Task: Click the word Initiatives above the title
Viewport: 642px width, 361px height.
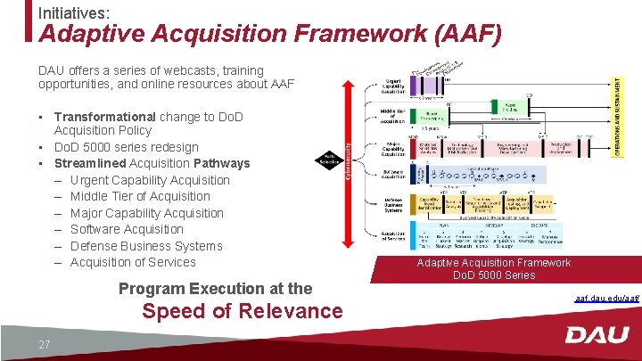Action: [x=73, y=12]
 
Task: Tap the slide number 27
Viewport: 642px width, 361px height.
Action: [x=44, y=345]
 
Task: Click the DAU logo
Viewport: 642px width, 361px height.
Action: [x=597, y=336]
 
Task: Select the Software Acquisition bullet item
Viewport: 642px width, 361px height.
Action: [x=127, y=229]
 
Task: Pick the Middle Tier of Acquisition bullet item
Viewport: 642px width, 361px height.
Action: [x=140, y=196]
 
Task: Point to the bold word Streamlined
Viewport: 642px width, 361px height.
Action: [x=90, y=163]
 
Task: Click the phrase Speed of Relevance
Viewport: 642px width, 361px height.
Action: [x=242, y=311]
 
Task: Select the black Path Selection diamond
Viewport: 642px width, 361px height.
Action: [x=328, y=160]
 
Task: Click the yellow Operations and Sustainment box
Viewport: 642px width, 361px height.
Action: [x=620, y=116]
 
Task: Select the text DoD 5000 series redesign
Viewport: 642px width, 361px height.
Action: [x=127, y=147]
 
